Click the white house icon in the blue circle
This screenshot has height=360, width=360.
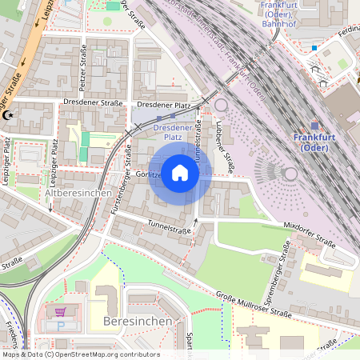[x=180, y=173]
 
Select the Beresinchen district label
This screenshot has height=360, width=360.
[x=138, y=321]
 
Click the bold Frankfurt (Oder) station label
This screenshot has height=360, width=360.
[x=317, y=142]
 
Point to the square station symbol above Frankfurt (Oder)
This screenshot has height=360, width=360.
[x=314, y=126]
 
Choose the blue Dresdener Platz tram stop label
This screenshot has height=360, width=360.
[x=173, y=132]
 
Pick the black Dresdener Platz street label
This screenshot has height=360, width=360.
[x=163, y=105]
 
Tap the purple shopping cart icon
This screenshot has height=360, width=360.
[x=60, y=311]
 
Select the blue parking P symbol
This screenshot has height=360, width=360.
[x=60, y=326]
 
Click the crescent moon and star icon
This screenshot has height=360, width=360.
[x=10, y=116]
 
